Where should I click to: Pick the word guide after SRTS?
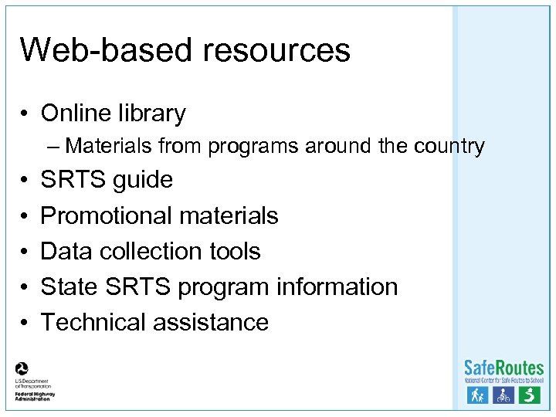143,181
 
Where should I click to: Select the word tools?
235,251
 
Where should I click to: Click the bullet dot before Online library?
25,114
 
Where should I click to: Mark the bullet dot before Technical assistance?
25,323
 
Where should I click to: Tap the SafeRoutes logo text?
503,368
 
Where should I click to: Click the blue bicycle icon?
503,395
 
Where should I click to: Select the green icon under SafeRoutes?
529,395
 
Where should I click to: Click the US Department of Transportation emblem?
22,369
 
